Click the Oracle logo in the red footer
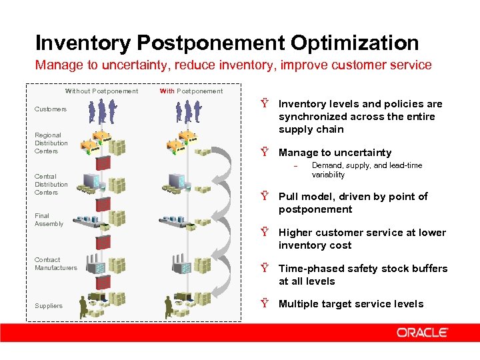pos(422,332)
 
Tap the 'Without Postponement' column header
pos(101,91)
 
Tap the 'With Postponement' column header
pos(191,91)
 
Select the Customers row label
pos(51,109)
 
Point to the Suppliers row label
pos(49,306)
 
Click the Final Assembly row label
pos(49,219)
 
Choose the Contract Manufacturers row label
pos(55,263)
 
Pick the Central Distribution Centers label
pos(51,184)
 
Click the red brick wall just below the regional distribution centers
pos(103,161)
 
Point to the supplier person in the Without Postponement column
pos(83,307)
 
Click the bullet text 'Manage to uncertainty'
pos(335,153)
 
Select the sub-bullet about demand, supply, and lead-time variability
pos(367,170)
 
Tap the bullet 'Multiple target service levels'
pos(351,304)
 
